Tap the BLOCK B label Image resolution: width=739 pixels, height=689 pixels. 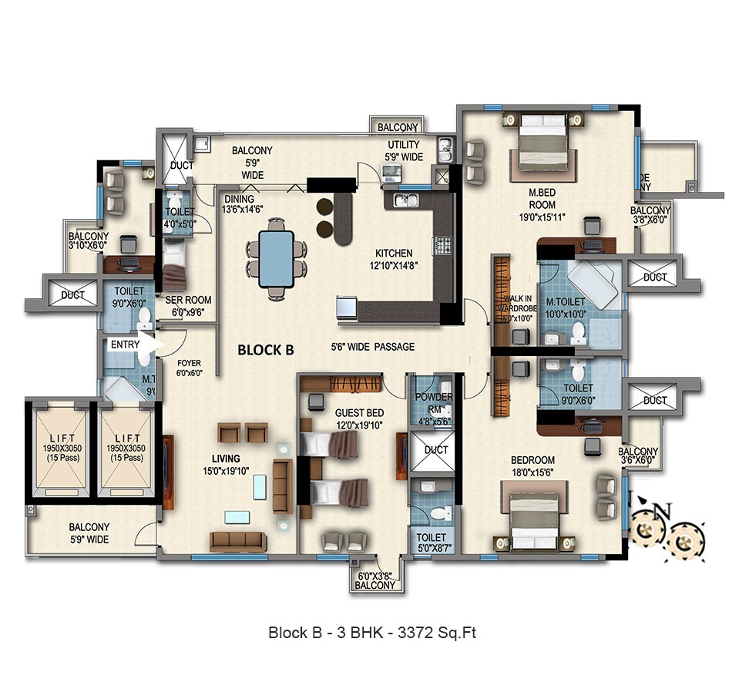pos(266,350)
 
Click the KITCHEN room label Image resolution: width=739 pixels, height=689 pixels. pos(393,253)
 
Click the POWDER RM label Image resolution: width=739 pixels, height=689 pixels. pos(434,397)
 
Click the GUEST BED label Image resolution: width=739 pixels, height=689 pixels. pos(358,412)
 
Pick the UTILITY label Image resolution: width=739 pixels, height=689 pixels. pos(403,145)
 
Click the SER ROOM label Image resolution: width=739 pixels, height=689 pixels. pos(188,301)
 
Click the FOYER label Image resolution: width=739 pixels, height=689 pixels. pos(189,362)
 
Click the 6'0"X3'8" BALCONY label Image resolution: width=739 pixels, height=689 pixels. pos(375,580)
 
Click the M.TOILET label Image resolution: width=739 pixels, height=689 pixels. pos(564,302)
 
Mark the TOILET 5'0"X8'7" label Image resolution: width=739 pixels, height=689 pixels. pos(431,537)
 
